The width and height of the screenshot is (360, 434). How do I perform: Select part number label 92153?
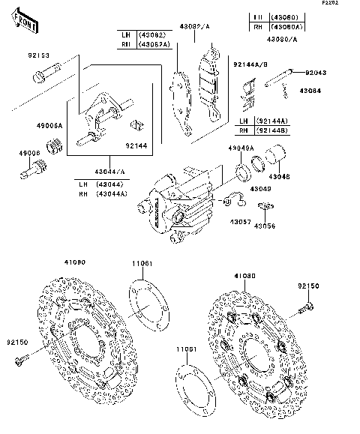point(39,55)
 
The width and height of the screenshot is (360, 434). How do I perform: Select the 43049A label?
point(240,148)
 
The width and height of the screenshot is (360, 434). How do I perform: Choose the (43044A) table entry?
point(112,193)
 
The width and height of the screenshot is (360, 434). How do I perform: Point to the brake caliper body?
point(180,206)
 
